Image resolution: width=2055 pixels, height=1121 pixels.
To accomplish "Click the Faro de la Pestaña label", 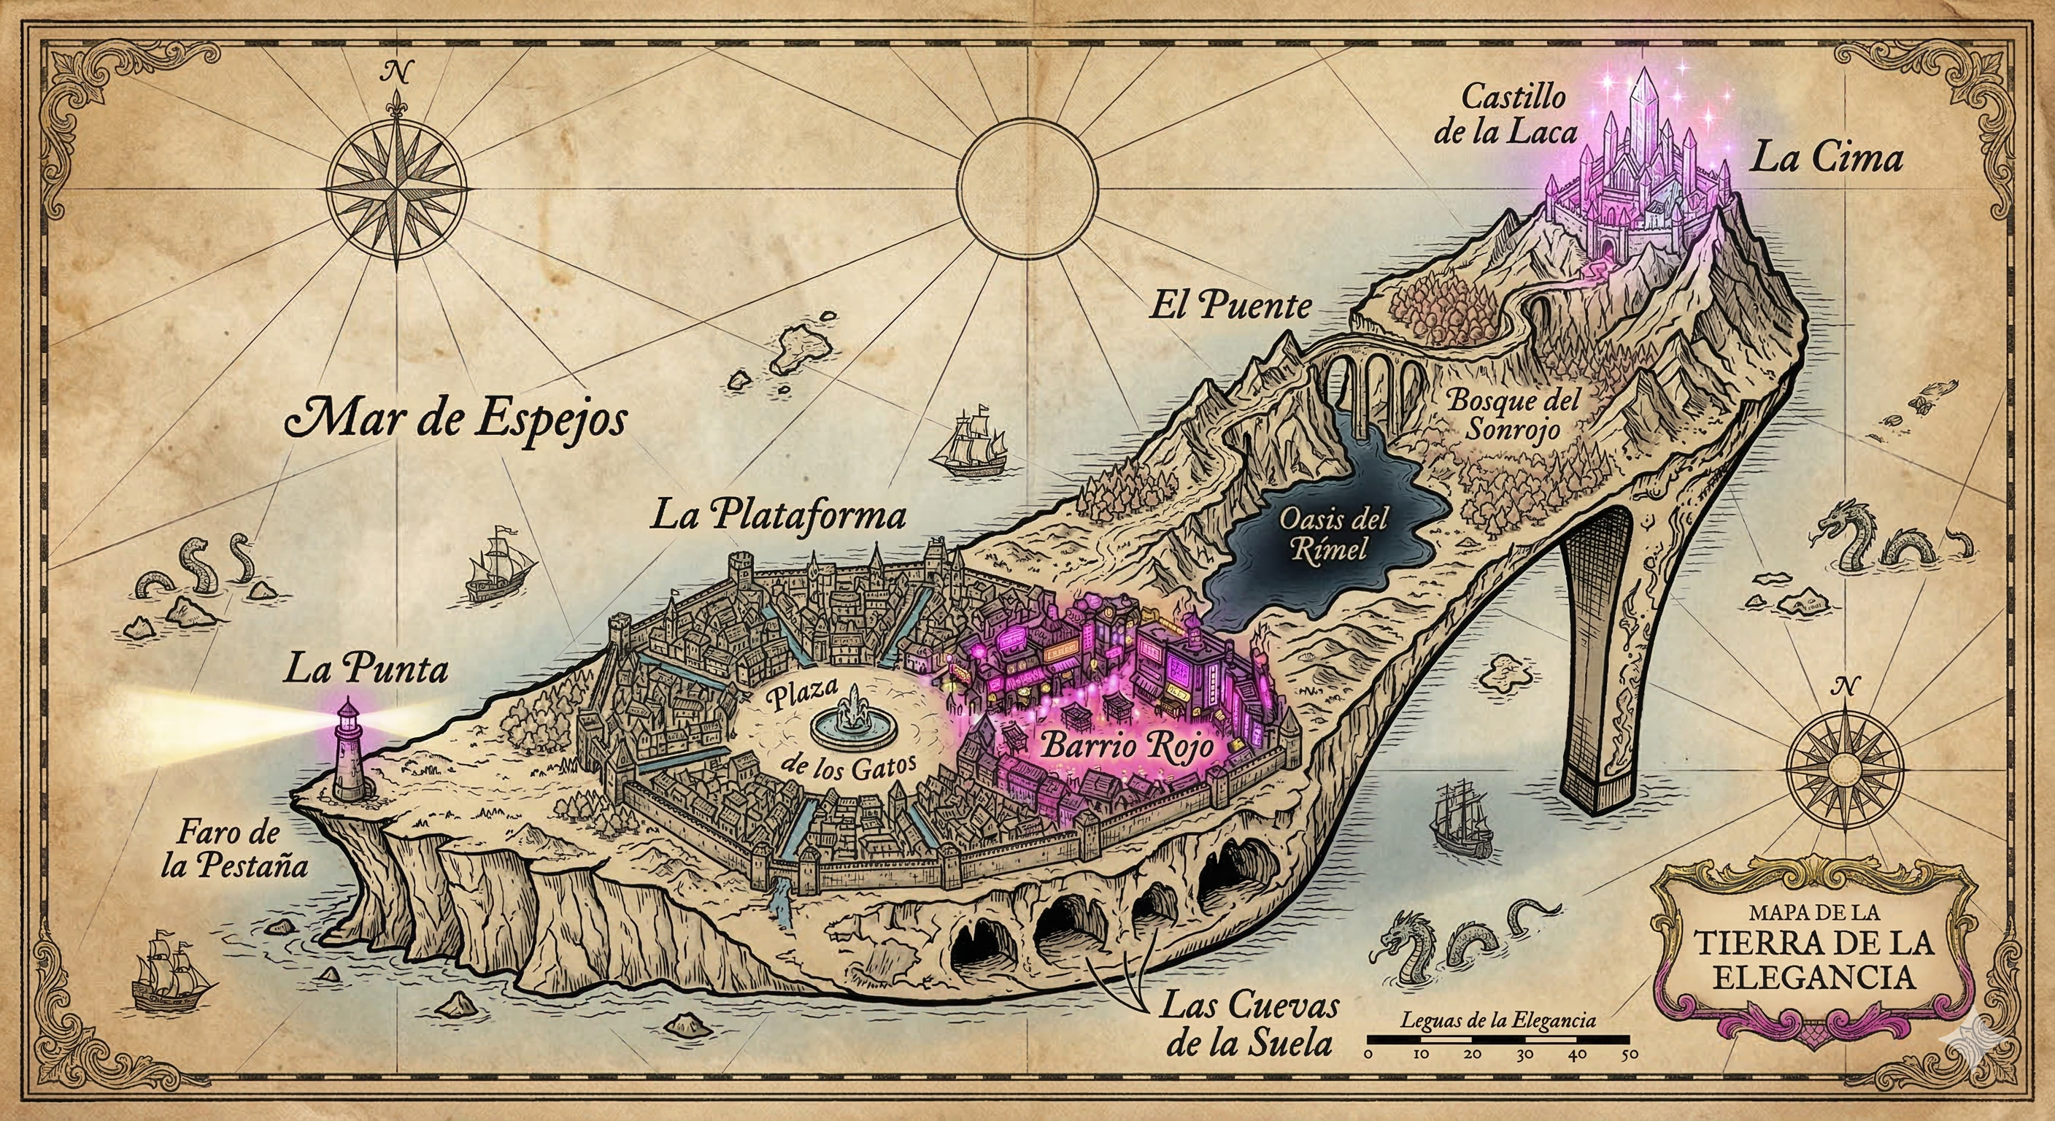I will tap(234, 849).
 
